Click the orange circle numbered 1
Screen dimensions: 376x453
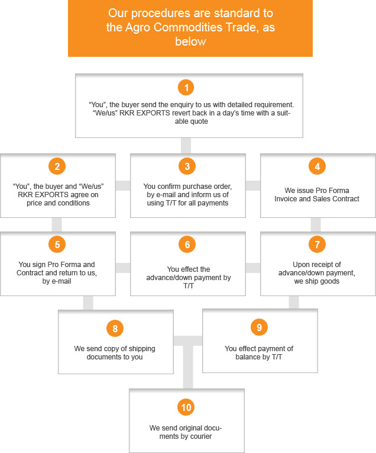click(x=186, y=87)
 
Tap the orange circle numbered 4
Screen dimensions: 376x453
click(x=317, y=166)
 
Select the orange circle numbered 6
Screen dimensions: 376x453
click(x=187, y=245)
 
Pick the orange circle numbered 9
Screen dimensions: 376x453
click(x=259, y=327)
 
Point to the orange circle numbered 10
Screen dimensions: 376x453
click(x=186, y=407)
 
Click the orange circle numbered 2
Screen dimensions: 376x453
click(x=57, y=166)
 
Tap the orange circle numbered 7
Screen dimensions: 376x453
click(x=317, y=245)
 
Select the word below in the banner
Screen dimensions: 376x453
click(x=190, y=41)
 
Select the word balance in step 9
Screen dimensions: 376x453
click(x=248, y=357)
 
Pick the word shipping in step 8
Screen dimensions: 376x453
click(x=141, y=349)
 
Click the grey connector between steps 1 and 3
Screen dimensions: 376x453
click(x=186, y=146)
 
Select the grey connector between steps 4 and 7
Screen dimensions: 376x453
click(x=316, y=225)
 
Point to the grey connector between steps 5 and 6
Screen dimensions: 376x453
click(x=123, y=268)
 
